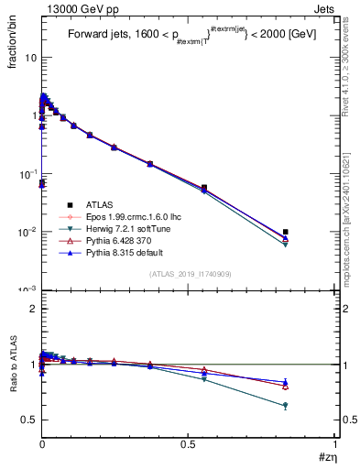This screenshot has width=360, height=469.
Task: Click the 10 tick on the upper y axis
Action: pyautogui.click(x=30, y=57)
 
